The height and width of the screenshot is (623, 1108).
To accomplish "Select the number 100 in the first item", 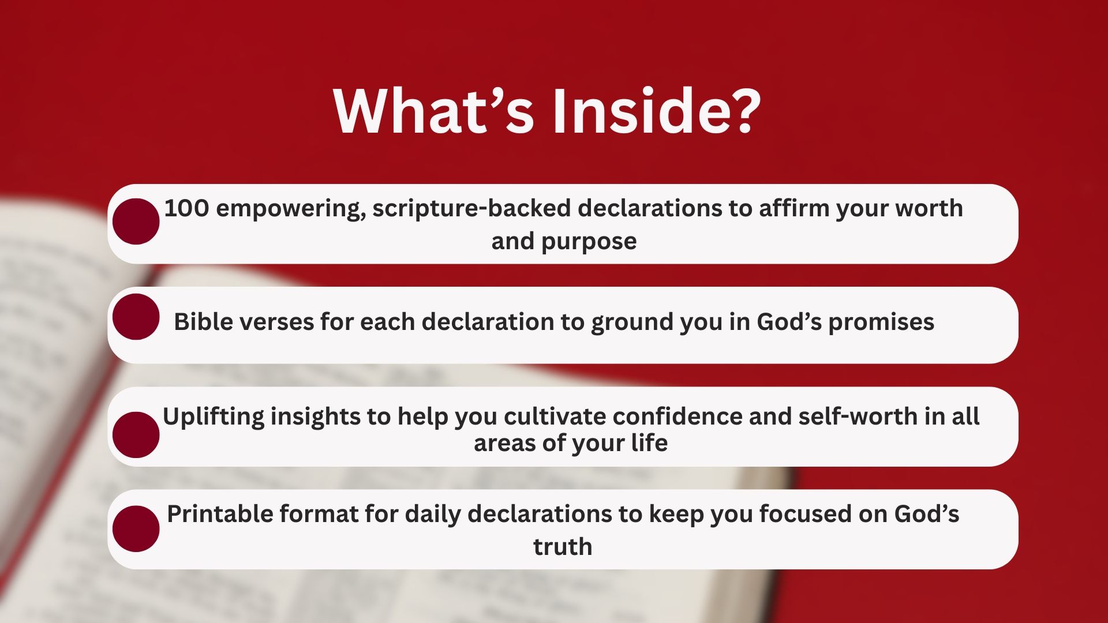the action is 186,208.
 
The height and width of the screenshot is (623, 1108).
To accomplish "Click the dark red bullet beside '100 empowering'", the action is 136,222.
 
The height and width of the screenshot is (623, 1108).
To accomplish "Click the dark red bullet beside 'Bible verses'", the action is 136,317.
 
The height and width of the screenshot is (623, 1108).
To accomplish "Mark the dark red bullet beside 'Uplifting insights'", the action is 136,435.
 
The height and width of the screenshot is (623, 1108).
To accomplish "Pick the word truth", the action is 563,547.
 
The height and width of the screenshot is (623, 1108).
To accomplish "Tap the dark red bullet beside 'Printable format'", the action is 136,529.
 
